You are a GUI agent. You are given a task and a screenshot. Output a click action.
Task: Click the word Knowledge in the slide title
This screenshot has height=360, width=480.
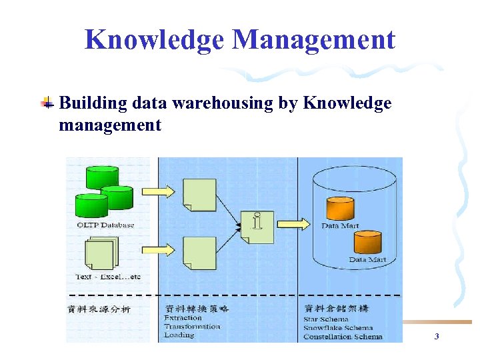pos(154,40)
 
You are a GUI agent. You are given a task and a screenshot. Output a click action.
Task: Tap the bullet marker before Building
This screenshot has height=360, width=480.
pos(47,103)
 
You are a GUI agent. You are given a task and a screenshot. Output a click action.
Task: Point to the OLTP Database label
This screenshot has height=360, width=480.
pos(105,225)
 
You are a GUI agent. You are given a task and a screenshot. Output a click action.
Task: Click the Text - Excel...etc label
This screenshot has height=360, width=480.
pos(108,277)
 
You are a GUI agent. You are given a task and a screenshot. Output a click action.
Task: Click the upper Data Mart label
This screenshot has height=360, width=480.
pos(340,226)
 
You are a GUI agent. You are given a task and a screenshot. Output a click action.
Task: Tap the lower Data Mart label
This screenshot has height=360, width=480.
pos(367,259)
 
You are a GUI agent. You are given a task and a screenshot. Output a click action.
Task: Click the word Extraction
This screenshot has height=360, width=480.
pos(183,318)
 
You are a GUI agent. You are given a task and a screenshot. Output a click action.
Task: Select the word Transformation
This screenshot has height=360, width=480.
pos(192,327)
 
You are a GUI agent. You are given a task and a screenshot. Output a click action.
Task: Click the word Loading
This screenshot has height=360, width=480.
pos(179,335)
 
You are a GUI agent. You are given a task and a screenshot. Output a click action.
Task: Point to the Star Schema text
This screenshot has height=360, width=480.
pos(325,319)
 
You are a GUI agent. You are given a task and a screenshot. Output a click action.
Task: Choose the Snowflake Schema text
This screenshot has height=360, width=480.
pos(338,328)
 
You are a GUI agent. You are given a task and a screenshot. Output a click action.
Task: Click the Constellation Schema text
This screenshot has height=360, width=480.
pos(343,337)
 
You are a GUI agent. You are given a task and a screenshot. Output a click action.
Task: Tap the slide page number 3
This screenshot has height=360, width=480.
pos(437,337)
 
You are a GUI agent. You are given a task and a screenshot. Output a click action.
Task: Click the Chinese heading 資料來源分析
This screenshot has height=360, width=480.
pos(99,309)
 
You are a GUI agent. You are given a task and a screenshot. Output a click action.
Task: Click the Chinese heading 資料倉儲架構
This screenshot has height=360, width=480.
pos(336,309)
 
